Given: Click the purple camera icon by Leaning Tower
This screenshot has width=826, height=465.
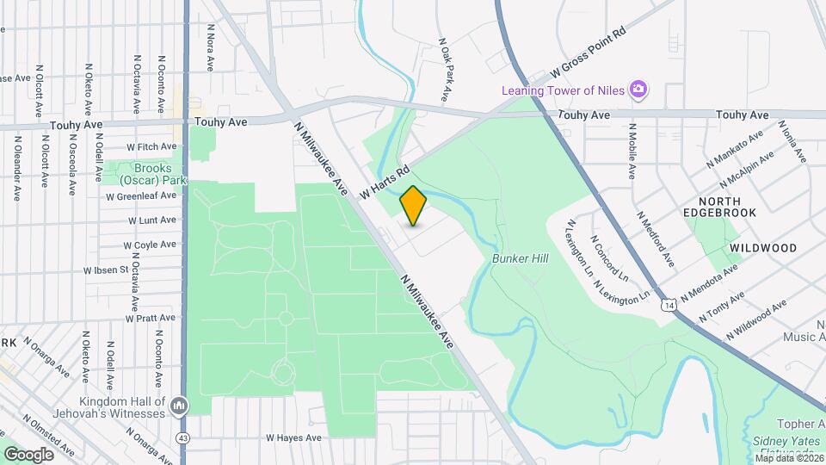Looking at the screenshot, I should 638,89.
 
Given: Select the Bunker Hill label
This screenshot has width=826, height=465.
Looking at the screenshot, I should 515,257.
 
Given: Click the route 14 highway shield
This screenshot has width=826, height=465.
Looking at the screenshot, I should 668,306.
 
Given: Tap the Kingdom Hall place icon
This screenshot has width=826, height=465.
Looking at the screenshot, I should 179,405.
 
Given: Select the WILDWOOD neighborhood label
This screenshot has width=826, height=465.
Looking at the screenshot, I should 762,248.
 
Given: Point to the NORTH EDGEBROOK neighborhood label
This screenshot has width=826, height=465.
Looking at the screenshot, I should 719,206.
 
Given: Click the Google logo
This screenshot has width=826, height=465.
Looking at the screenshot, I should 28,454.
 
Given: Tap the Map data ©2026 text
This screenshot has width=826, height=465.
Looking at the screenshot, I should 788,458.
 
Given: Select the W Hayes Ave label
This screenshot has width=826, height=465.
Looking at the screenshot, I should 293,437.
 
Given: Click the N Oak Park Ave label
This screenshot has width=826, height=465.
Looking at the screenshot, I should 446,69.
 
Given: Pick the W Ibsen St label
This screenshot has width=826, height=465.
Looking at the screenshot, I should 106,270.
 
